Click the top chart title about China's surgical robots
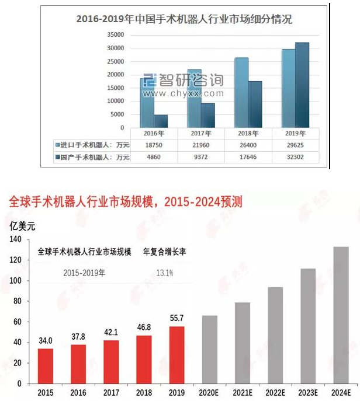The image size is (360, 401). pos(184,19)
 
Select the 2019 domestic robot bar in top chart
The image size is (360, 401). pos(302,85)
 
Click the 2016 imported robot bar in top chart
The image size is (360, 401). pos(147,103)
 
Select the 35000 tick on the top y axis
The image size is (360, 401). pos(115,34)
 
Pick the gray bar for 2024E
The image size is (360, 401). pos(341,315)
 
